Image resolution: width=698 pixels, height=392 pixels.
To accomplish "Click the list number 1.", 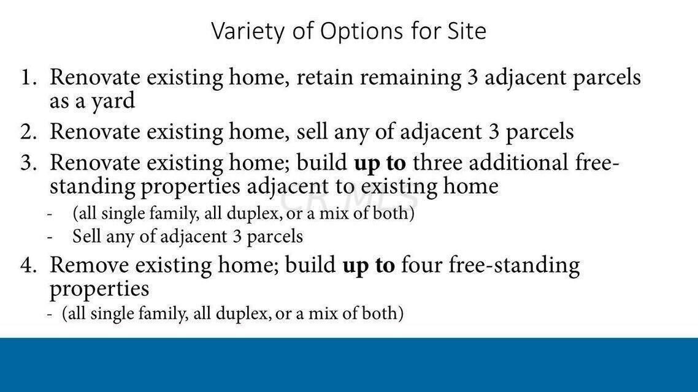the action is (x=28, y=77).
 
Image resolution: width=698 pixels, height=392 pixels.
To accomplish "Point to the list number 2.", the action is (x=28, y=132).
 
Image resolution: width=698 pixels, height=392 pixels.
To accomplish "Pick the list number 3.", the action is (x=28, y=163).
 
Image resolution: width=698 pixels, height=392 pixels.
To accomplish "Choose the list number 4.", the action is (x=28, y=265).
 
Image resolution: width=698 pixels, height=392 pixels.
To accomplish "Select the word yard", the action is (x=113, y=102).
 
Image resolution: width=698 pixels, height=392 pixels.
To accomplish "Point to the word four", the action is (x=421, y=265).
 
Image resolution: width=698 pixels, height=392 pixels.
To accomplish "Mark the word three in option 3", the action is (x=437, y=163).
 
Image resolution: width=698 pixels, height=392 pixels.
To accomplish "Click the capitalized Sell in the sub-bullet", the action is (x=86, y=236).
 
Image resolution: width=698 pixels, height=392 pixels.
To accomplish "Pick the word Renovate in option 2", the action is (x=95, y=132).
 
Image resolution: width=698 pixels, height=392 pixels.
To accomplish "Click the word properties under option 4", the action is (x=99, y=290).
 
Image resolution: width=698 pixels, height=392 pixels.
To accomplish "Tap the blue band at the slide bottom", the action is (x=349, y=364).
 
